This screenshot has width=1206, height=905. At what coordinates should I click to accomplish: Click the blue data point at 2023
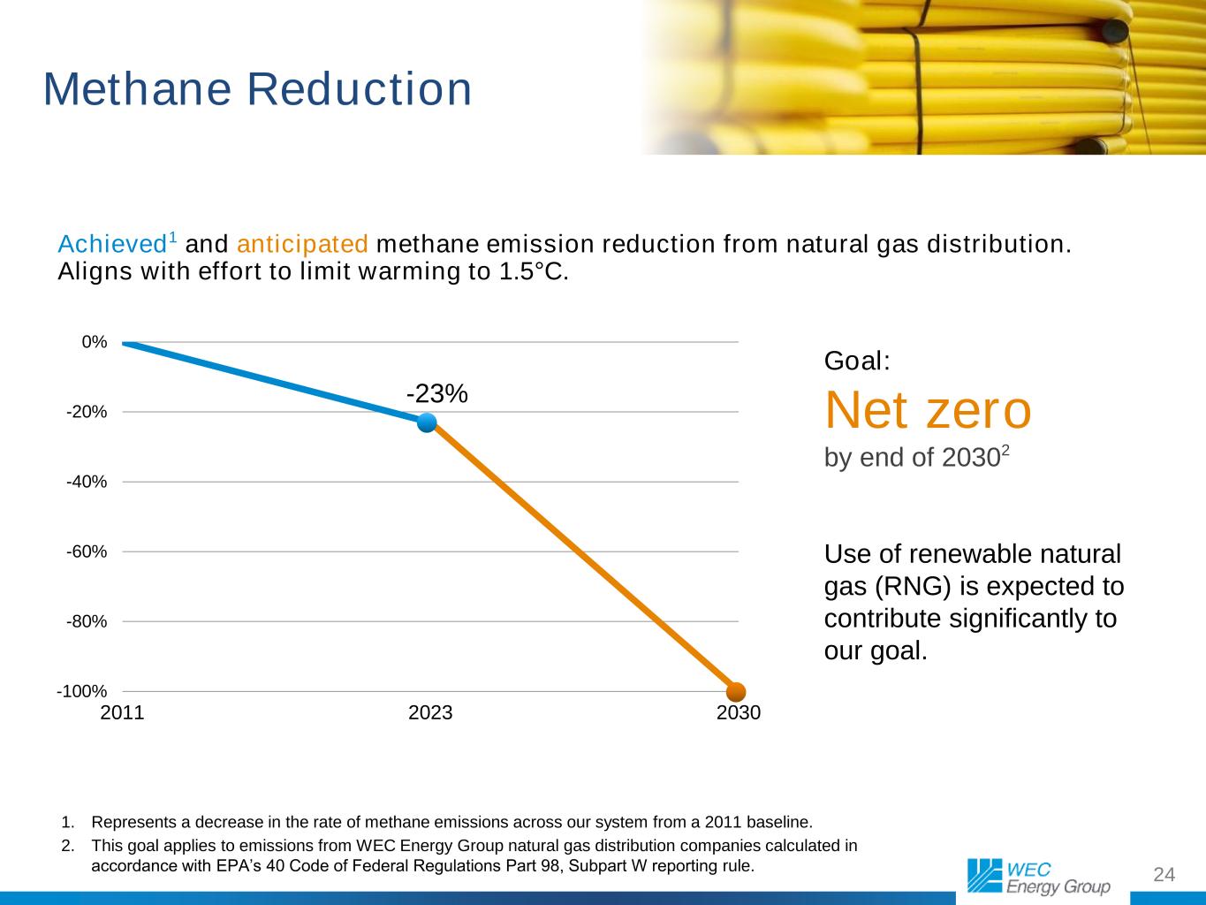[x=427, y=422]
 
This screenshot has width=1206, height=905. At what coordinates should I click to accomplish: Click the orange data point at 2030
[x=737, y=691]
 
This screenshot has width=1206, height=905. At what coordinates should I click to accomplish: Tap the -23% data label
[x=436, y=394]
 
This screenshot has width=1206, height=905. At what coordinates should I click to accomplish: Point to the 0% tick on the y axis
[x=95, y=342]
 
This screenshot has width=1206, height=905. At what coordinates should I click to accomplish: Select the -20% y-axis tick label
[x=87, y=412]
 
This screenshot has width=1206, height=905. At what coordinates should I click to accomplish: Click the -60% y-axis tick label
[x=87, y=551]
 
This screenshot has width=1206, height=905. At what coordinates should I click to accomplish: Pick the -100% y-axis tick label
[x=82, y=691]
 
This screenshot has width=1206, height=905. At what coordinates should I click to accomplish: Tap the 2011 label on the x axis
[x=123, y=712]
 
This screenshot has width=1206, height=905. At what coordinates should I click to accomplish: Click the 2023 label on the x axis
[x=430, y=712]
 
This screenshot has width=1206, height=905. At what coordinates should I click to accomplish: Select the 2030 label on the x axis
[x=739, y=712]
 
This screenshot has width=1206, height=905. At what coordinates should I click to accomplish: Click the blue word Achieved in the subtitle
[x=111, y=243]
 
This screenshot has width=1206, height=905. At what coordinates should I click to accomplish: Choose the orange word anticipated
[x=302, y=243]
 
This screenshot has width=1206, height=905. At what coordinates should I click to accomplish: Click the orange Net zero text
[x=928, y=410]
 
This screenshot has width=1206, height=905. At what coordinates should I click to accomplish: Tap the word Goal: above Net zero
[x=856, y=361]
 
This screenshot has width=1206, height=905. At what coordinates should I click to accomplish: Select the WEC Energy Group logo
[x=1038, y=876]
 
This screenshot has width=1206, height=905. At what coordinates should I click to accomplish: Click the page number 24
[x=1164, y=874]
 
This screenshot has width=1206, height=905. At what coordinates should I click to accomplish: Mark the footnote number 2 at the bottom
[x=67, y=846]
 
